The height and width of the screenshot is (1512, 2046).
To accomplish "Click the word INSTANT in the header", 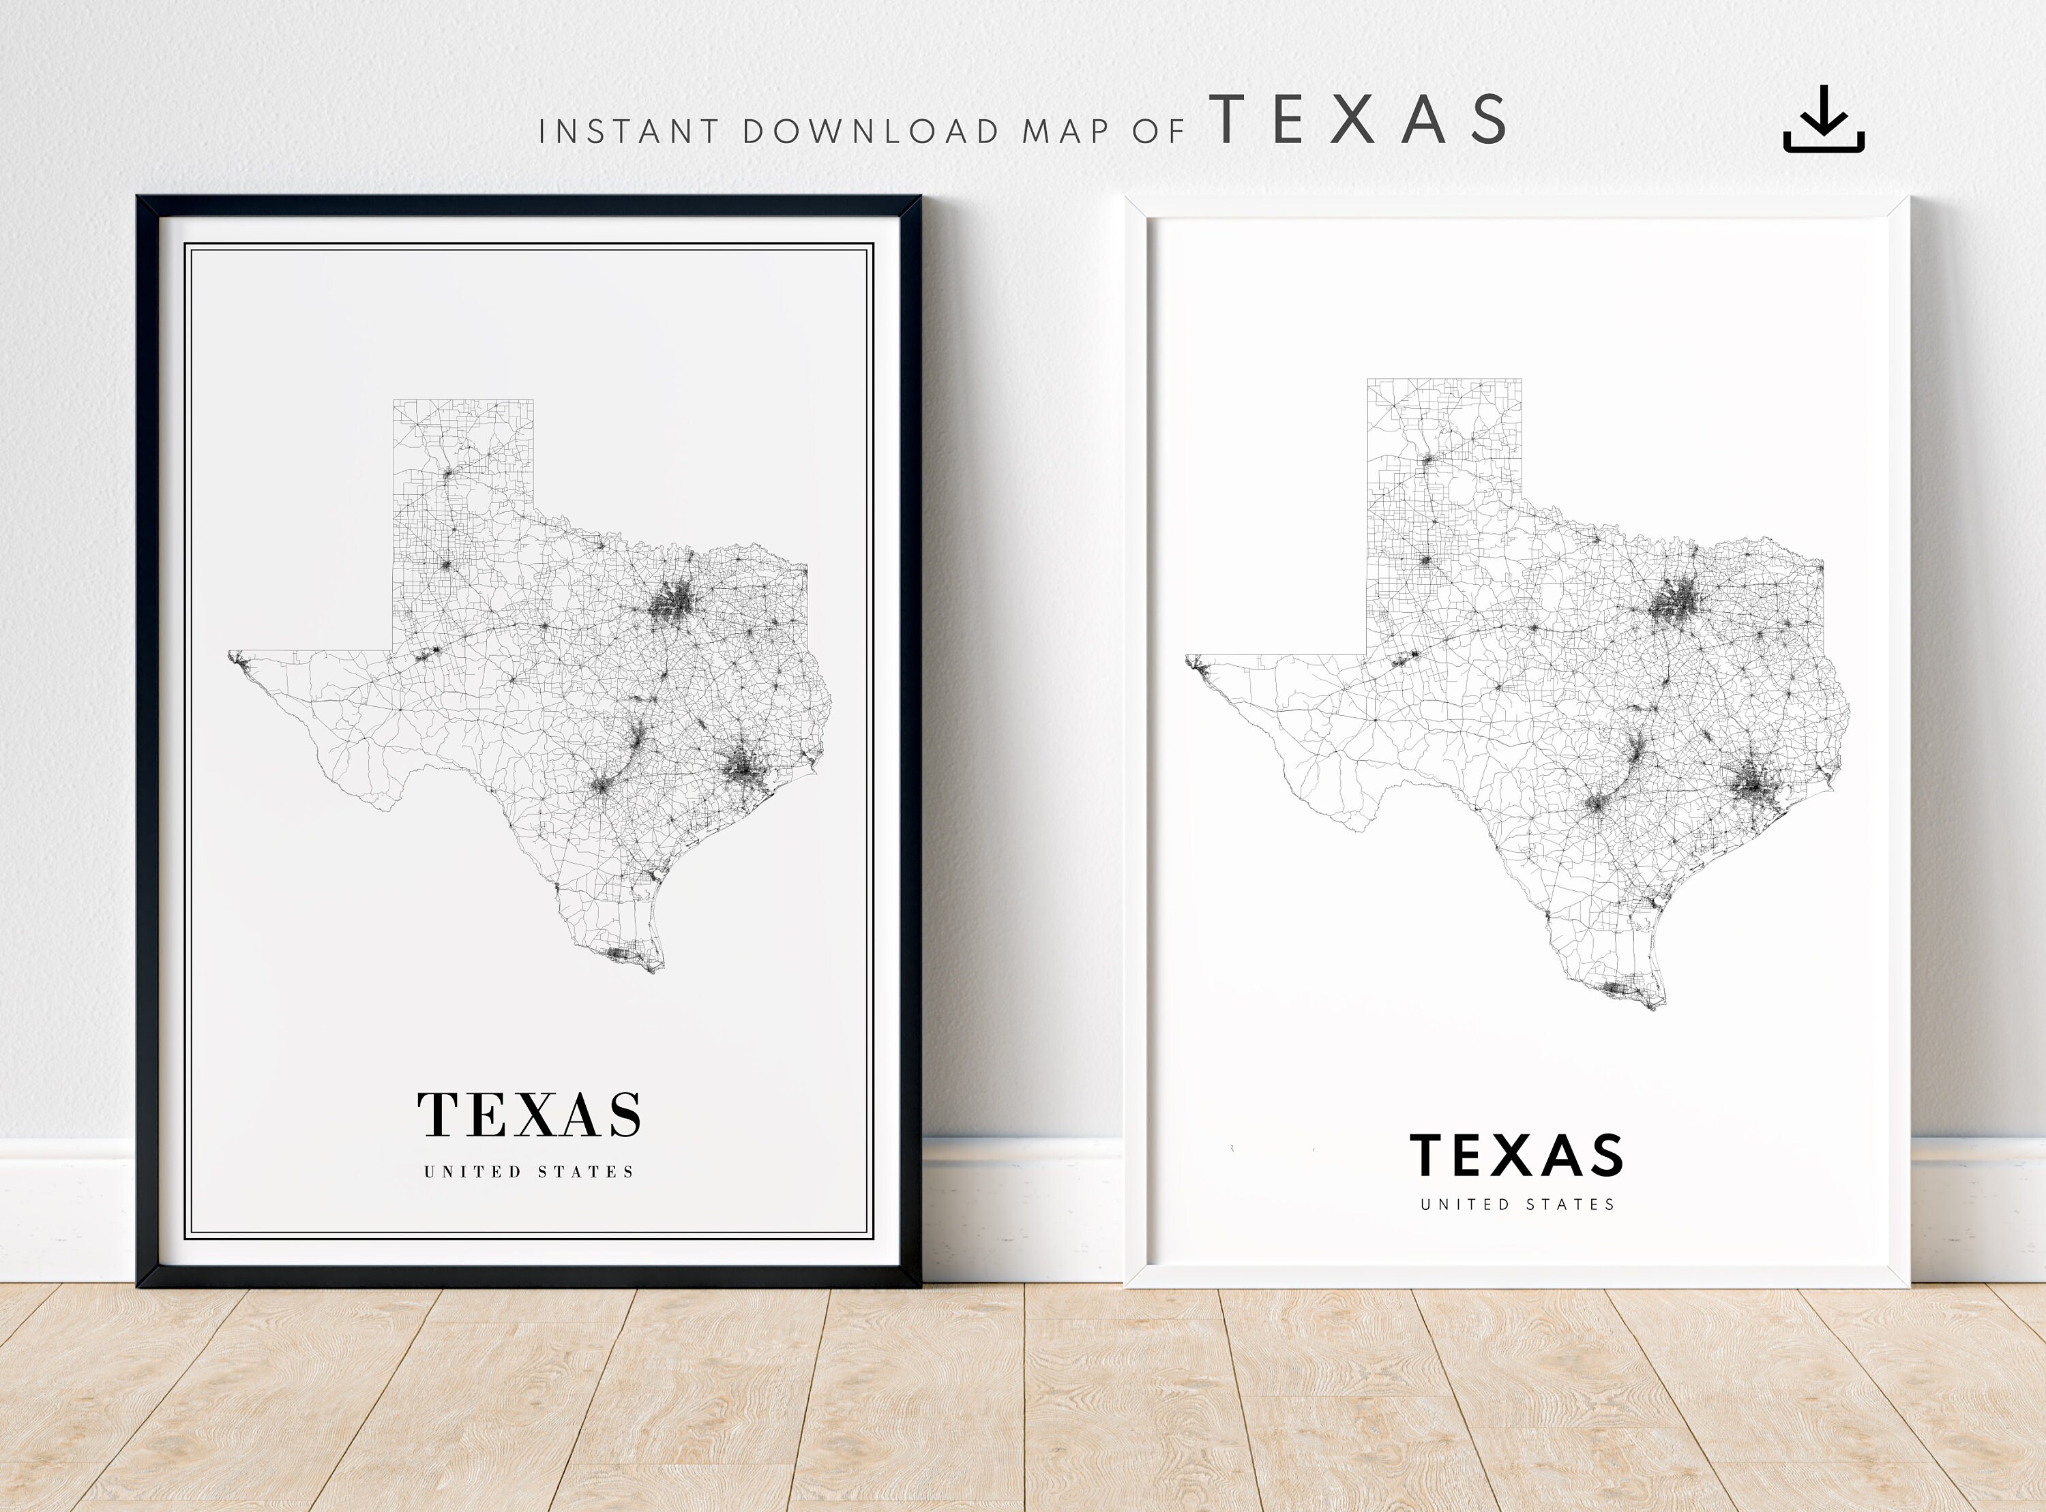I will (x=629, y=132).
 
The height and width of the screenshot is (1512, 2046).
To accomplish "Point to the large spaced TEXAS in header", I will (x=1358, y=120).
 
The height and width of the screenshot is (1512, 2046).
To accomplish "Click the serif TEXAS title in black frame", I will (x=529, y=1115).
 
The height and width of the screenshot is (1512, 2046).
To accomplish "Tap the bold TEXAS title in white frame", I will (x=1516, y=1156).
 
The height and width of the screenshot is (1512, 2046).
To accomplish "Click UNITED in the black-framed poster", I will (x=473, y=1172).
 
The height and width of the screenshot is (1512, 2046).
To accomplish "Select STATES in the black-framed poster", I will (x=585, y=1172).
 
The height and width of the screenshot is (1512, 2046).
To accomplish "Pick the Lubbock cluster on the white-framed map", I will (x=1426, y=560).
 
